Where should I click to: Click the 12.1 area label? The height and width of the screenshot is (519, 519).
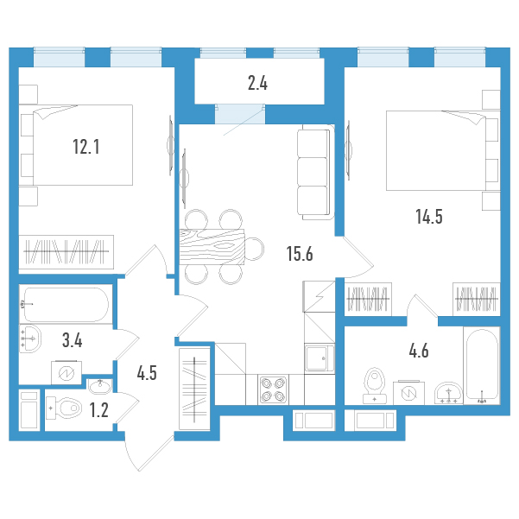(86, 147)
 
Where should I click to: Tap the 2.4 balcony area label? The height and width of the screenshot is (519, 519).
(257, 83)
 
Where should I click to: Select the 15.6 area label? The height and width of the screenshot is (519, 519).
(300, 254)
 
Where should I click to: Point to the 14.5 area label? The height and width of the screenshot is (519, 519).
(429, 217)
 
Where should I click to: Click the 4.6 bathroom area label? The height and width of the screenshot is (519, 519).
(419, 351)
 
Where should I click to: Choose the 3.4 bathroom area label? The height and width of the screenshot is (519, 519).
(73, 340)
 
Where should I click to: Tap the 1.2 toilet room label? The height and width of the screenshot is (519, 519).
(99, 410)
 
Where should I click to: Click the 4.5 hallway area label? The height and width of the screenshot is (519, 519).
(147, 373)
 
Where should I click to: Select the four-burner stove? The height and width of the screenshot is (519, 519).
(273, 389)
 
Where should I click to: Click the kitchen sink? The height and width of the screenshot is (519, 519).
(320, 358)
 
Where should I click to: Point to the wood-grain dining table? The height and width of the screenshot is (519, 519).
(212, 247)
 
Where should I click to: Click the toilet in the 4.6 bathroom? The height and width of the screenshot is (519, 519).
(375, 386)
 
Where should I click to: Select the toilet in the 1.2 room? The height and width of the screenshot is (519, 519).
(64, 408)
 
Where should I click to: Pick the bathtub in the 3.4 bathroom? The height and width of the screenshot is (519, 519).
(66, 305)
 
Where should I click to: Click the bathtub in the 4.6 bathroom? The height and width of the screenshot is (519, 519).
(482, 365)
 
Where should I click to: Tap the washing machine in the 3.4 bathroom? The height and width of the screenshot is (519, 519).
(66, 373)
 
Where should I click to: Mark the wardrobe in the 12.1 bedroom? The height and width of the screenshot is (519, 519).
(66, 252)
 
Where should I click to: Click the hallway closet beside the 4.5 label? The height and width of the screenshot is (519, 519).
(194, 389)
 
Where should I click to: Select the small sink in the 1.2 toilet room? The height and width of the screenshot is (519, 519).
(100, 386)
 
